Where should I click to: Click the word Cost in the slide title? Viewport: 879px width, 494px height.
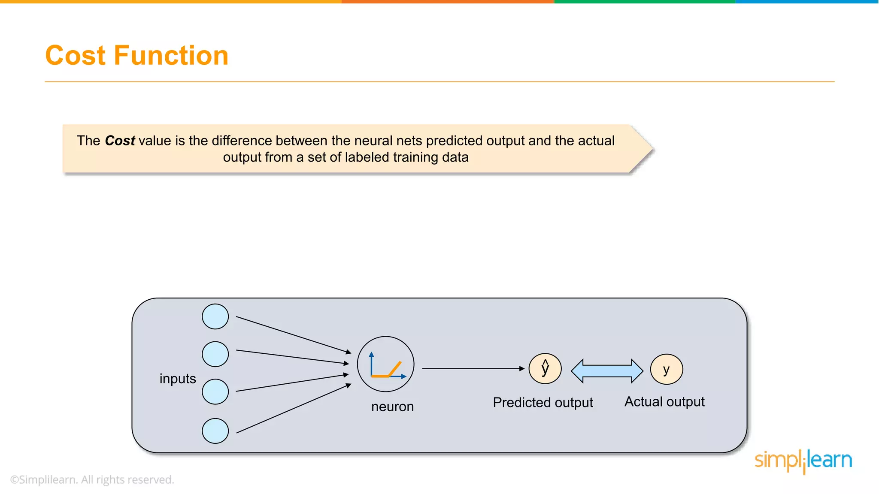coord(76,56)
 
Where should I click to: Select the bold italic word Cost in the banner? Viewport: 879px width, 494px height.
coord(120,141)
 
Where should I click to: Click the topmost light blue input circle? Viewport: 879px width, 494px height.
coord(215,316)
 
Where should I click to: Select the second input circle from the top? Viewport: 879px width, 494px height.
coord(215,354)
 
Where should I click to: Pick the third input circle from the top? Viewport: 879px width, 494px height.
coord(215,392)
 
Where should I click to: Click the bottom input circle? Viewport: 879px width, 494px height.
coord(215,431)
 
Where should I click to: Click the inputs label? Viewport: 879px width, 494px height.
coord(178,379)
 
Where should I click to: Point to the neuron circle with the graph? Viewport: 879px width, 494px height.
coord(385,364)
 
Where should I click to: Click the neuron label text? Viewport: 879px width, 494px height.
coord(392,407)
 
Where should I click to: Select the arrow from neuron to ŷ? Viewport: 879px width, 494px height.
coord(472,368)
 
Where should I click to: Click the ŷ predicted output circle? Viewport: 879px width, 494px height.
coord(545,368)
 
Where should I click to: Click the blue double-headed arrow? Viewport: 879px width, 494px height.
coord(607,371)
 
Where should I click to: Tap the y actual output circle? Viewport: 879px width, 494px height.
coord(666,369)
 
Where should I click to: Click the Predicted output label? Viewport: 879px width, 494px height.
coord(543,403)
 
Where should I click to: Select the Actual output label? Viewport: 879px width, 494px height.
coord(664,402)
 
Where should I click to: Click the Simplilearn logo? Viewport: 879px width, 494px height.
coord(803,461)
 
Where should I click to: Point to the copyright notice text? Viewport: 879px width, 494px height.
coord(92,480)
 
